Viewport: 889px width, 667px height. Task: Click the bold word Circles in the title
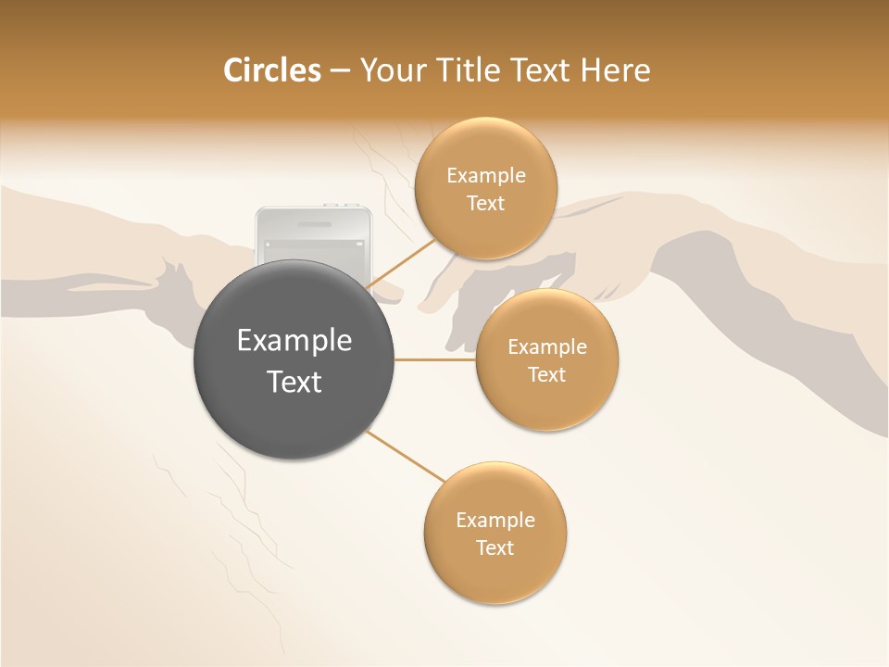point(272,70)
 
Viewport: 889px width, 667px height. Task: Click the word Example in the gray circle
point(294,341)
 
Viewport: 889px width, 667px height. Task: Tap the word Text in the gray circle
point(294,382)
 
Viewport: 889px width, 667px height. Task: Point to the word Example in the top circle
point(486,176)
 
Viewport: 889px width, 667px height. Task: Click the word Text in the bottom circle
point(495,547)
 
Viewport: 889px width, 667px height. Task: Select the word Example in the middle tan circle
point(547,347)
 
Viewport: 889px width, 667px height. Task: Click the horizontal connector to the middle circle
point(434,359)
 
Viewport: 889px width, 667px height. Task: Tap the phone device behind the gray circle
point(313,232)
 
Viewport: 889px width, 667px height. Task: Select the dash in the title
point(340,70)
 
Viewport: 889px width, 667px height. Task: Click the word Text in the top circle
point(486,204)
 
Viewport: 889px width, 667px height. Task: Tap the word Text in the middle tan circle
point(546,375)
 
